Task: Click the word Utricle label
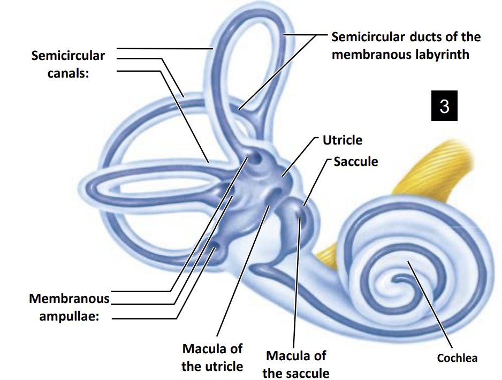pos(342,140)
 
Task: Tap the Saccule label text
pos(355,161)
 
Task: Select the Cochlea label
pos(457,358)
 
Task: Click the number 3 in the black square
pos(444,106)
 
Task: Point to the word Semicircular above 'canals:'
pos(68,56)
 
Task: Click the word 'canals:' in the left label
pos(68,73)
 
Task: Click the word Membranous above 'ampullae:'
pos(69,299)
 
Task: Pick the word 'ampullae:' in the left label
pos(69,316)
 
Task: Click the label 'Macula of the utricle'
pos(212,358)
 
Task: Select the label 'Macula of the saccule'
pos(296,364)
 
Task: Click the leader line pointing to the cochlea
pos(431,310)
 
